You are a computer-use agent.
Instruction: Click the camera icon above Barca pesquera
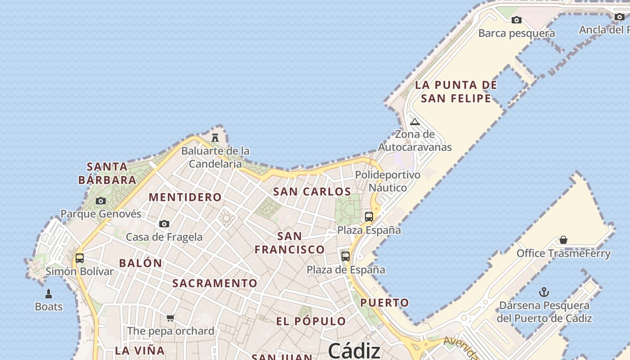pos(517,20)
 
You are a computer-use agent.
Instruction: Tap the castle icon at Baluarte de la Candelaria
pos(215,137)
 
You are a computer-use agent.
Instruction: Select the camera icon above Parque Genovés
pos(101,201)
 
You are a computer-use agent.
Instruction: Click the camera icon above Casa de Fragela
pos(164,224)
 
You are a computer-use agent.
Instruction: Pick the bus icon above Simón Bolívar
pos(80,258)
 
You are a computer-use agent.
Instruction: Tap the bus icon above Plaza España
pos(369,217)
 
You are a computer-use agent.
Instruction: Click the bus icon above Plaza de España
pos(346,256)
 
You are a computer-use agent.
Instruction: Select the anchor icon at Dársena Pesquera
pos(544,292)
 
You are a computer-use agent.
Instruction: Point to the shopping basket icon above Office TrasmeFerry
pos(563,240)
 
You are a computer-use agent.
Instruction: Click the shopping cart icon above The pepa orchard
pos(170,318)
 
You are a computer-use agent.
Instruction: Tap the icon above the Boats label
pos(49,294)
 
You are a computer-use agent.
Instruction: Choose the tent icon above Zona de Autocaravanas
pos(415,121)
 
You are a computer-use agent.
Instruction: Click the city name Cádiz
pos(354,350)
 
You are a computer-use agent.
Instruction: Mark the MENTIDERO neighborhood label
pos(185,197)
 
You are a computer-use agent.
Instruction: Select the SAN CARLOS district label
pos(312,191)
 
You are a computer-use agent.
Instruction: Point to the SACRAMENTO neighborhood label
pos(215,283)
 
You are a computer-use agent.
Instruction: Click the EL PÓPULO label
pos(311,321)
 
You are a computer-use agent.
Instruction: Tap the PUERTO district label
pos(385,302)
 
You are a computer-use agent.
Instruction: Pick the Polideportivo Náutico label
pos(387,181)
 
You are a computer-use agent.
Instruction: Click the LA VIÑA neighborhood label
pos(139,350)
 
